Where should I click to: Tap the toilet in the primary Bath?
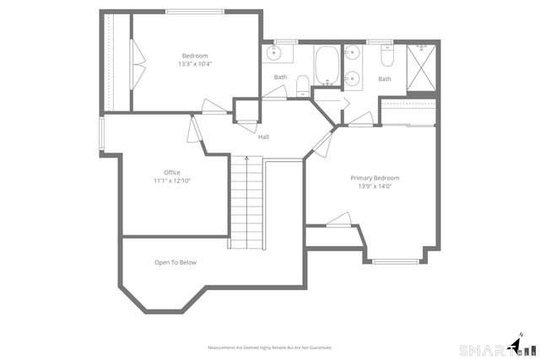386,56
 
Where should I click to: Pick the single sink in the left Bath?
274,54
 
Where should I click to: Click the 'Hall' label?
264,137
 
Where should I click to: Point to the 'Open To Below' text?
175,262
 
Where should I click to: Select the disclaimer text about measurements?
270,347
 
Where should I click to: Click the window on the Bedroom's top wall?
195,11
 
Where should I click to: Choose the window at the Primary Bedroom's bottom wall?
396,261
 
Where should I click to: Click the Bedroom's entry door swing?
213,106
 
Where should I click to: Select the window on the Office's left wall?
101,133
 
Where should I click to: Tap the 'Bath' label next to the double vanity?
385,79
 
